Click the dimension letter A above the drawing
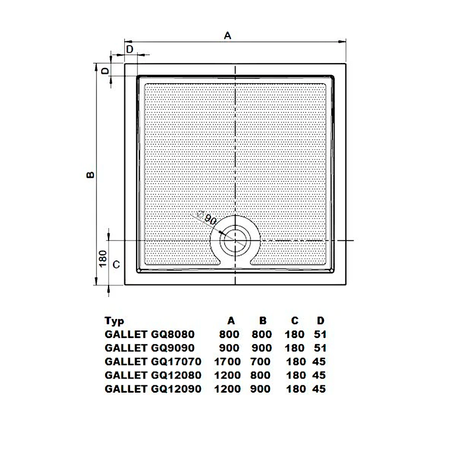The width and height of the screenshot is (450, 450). [228, 35]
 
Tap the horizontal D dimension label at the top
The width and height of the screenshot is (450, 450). [129, 49]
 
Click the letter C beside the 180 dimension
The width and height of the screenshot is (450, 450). [116, 264]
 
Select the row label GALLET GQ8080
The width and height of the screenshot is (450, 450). [149, 334]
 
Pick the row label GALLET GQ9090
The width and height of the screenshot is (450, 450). [149, 348]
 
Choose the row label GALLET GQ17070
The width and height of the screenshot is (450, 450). [153, 362]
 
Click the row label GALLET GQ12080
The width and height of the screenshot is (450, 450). [153, 375]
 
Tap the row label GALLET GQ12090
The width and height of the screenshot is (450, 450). [153, 389]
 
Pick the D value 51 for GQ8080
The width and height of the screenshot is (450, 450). [321, 334]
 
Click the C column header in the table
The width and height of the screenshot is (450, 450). [294, 321]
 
